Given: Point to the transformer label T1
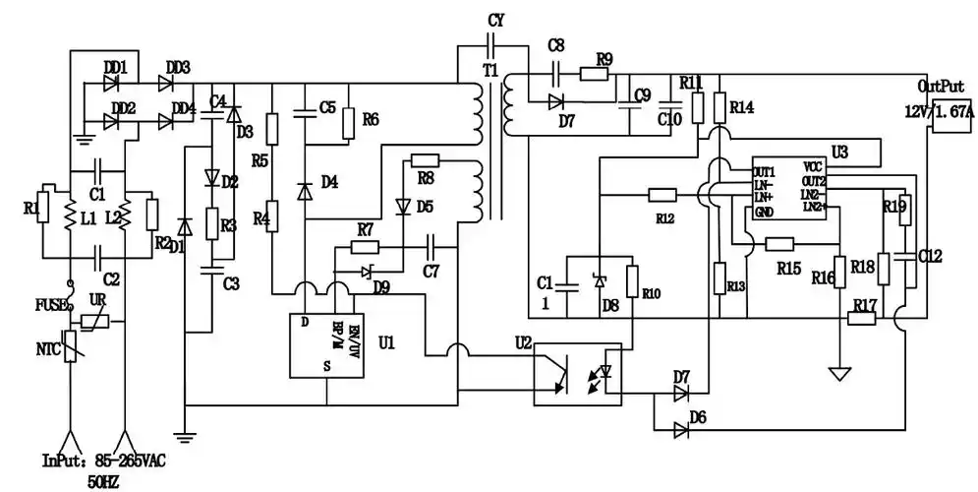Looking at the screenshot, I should tap(490, 69).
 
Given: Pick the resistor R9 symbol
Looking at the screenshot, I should tap(596, 72).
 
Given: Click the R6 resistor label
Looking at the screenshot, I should tap(370, 119).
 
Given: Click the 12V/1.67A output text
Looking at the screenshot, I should tap(940, 112).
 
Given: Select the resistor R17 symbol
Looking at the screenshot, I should tap(861, 317).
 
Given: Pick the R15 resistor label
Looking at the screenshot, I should tap(790, 267).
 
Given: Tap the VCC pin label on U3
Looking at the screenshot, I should tap(813, 167).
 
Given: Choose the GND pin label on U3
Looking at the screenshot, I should tap(764, 212).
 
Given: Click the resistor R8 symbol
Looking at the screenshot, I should tap(425, 160).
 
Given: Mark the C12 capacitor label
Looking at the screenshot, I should tap(930, 256).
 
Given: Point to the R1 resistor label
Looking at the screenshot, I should tap(30, 207).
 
